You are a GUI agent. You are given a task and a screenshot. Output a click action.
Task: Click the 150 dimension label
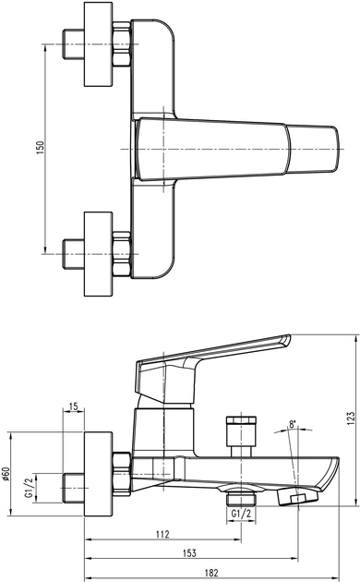(41, 148)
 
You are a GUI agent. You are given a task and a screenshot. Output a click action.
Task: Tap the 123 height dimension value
(351, 418)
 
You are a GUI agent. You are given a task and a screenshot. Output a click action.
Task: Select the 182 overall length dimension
(211, 573)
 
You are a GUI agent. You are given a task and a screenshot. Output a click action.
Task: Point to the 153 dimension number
(189, 553)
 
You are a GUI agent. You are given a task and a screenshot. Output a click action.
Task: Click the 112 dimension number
(162, 534)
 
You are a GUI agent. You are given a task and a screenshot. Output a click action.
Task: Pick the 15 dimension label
(74, 406)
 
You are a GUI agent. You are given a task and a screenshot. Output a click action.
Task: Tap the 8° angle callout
(294, 424)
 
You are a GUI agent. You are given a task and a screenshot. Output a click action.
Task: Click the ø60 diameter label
(6, 474)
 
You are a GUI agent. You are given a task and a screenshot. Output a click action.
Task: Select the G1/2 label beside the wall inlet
(29, 487)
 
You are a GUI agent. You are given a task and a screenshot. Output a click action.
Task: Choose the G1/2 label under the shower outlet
(241, 514)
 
